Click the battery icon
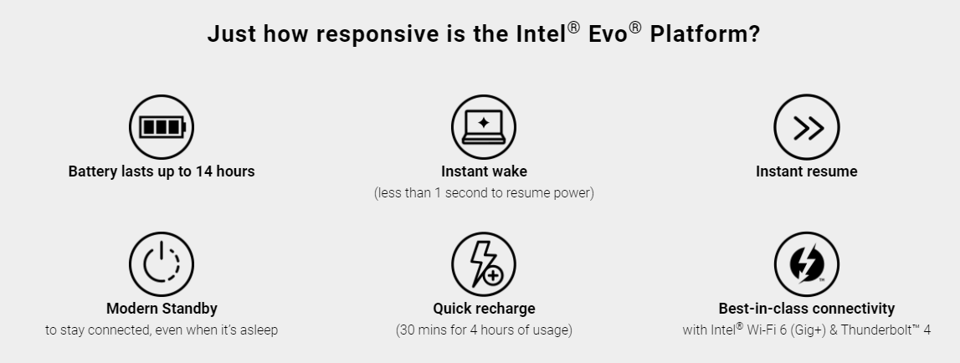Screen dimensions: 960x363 [x=162, y=126]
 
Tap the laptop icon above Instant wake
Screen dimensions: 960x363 [x=484, y=126]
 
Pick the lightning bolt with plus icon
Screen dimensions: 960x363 [x=484, y=263]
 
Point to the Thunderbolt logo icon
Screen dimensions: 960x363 [x=806, y=263]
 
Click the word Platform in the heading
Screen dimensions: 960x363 [x=705, y=33]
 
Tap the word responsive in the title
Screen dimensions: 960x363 [x=377, y=34]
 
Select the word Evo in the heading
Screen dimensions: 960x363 [x=608, y=34]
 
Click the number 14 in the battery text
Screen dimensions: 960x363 [x=203, y=171]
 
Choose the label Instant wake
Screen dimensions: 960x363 [x=484, y=171]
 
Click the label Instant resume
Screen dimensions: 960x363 [x=806, y=171]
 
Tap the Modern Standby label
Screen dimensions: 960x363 [x=162, y=309]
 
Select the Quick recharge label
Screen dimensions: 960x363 [x=484, y=309]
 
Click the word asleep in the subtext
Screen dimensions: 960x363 [x=259, y=330]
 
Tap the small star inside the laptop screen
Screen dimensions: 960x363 [x=484, y=122]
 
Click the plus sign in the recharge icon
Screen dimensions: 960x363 [x=493, y=276]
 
